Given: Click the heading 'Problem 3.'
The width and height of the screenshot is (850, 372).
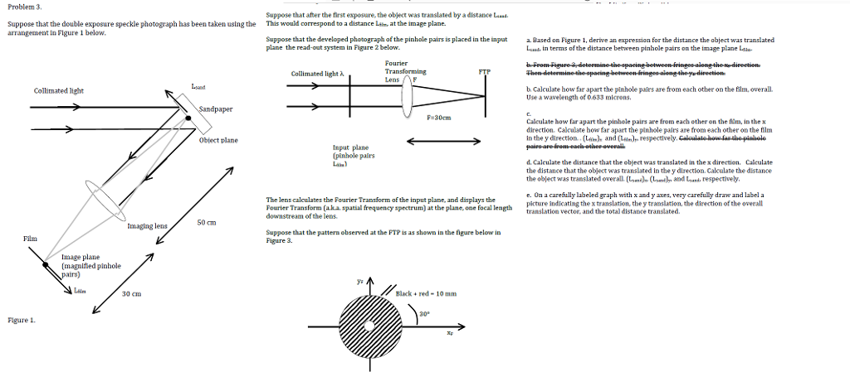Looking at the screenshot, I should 24,6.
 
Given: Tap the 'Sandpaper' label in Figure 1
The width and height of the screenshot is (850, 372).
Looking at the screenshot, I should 216,109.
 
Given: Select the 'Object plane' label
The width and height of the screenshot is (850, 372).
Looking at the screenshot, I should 218,140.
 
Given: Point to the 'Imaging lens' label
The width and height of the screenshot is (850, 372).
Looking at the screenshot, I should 147,225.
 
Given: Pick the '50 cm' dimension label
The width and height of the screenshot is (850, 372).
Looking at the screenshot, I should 207,222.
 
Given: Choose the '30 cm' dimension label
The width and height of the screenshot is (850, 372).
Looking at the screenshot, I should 131,294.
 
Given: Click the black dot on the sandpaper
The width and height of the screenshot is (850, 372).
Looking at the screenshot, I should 188,118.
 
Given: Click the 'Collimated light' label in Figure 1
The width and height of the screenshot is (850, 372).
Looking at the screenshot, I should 58,90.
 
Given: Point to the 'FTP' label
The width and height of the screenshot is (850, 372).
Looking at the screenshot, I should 485,72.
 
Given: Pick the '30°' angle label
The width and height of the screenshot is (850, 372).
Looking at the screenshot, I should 424,314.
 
